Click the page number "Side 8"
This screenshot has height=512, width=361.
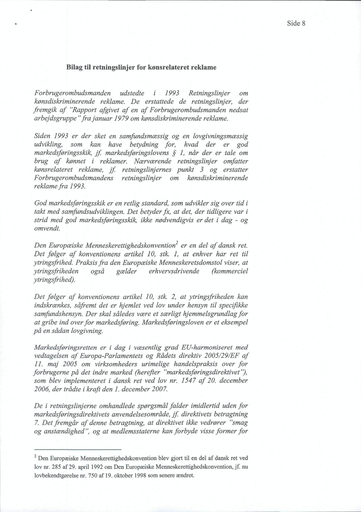(295, 24)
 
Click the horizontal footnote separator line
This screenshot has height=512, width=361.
(77, 449)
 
